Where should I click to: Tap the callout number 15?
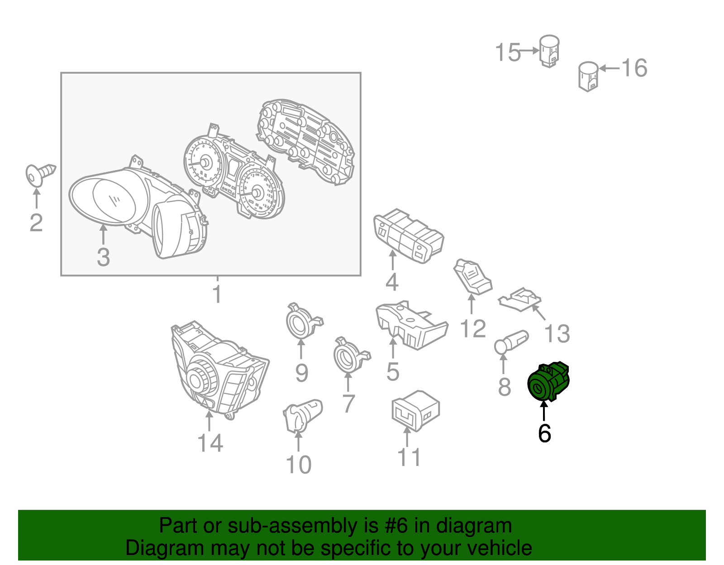click(x=508, y=52)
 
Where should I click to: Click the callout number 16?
click(x=634, y=68)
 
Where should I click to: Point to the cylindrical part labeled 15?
click(x=549, y=51)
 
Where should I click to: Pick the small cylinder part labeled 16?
click(x=588, y=76)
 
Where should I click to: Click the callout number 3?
click(x=103, y=257)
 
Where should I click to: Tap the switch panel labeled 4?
click(x=409, y=236)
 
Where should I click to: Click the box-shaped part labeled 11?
click(x=415, y=411)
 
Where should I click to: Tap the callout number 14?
click(x=210, y=443)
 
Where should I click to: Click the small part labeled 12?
click(x=473, y=277)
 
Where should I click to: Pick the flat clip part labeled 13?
click(x=519, y=299)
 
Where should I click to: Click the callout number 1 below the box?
click(x=217, y=294)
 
